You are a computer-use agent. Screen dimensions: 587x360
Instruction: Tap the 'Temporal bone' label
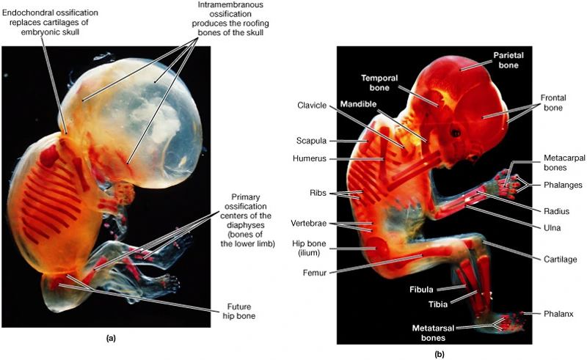pyautogui.click(x=384, y=83)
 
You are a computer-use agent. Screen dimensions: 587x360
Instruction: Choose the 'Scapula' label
pyautogui.click(x=311, y=140)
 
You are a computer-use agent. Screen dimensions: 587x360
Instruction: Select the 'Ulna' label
pyautogui.click(x=551, y=227)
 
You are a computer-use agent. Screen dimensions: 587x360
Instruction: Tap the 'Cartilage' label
pyautogui.click(x=555, y=259)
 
